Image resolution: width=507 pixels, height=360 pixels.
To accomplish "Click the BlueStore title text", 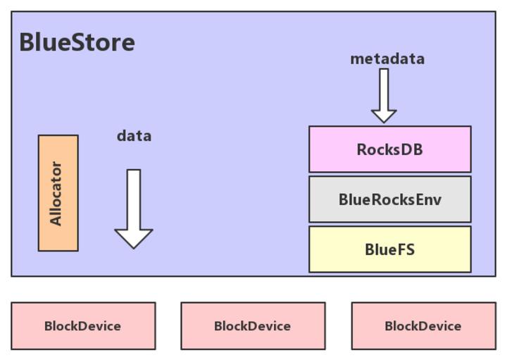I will [x=77, y=42].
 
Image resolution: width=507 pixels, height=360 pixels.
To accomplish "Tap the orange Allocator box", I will [x=58, y=193].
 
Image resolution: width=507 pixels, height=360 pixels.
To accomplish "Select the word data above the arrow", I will [x=134, y=136].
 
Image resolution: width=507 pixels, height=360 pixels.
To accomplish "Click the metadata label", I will [x=387, y=59].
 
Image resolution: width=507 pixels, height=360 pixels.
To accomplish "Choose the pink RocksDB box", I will [x=389, y=149].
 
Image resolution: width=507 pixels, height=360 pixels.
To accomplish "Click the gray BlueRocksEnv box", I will [x=389, y=199].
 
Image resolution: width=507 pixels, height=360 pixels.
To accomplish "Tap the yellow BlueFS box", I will [x=389, y=249].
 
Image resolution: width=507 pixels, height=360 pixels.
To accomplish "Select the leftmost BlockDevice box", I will [x=83, y=326].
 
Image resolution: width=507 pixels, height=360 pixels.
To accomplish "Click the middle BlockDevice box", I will [x=253, y=326].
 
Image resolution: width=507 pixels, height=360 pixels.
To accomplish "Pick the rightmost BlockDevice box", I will [x=423, y=326].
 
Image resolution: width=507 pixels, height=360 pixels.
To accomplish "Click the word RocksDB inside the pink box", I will [x=389, y=149].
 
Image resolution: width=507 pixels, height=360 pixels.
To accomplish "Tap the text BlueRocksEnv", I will [x=389, y=199].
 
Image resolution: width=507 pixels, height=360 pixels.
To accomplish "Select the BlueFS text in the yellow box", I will [x=389, y=249].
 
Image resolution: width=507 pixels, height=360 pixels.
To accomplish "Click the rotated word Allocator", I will [x=56, y=194].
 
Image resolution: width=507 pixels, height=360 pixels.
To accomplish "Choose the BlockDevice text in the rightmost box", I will [x=423, y=326].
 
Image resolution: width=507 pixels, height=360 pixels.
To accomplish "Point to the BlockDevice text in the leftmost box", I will [x=83, y=326].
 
